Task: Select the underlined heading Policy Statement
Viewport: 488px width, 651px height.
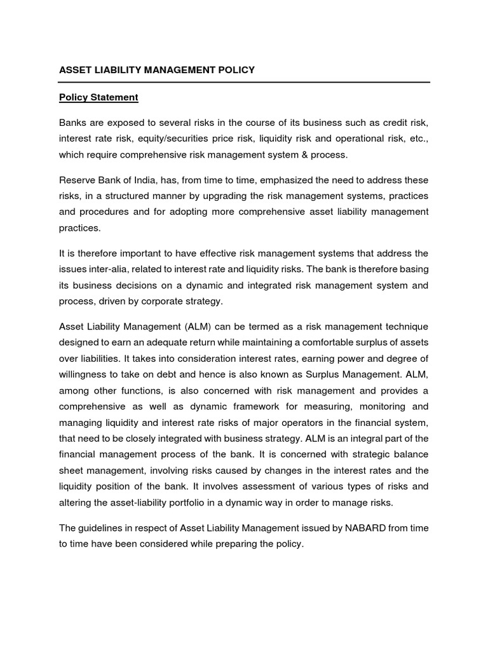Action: coord(98,97)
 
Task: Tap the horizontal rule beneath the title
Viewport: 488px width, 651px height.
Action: coord(244,82)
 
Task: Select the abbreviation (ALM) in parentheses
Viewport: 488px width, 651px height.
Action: coord(198,326)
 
